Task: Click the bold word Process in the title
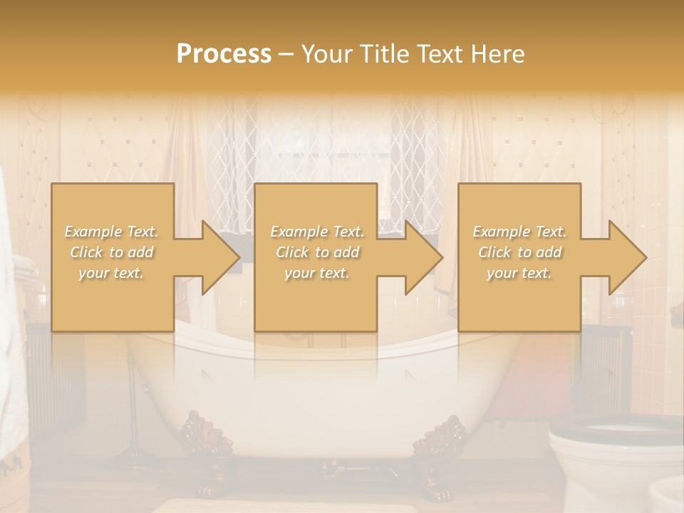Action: (224, 53)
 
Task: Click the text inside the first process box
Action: (112, 252)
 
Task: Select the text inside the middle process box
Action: (316, 252)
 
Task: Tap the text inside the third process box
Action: (519, 252)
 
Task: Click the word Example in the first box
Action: (92, 232)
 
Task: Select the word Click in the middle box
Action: (291, 252)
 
